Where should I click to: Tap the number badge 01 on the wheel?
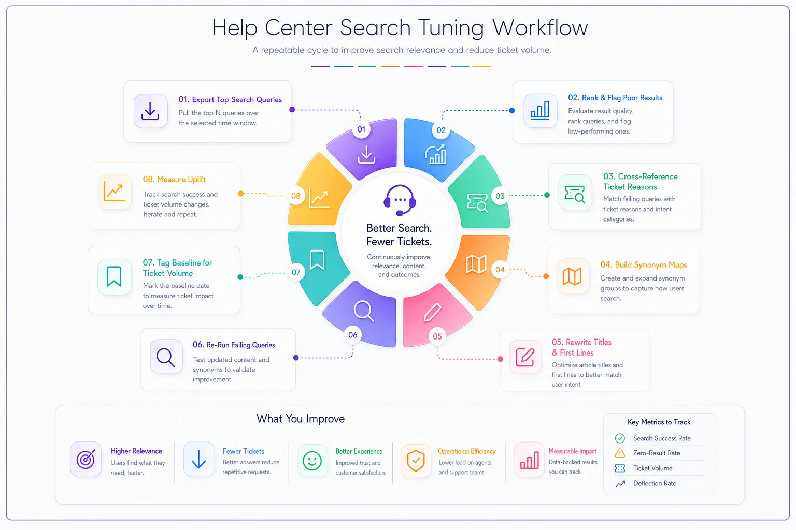pos(361,129)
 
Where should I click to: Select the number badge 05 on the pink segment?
pos(437,336)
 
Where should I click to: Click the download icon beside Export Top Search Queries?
pos(150,111)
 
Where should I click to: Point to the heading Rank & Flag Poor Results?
pos(615,98)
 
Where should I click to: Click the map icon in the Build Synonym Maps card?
pos(572,276)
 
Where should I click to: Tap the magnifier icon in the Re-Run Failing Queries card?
pos(166,357)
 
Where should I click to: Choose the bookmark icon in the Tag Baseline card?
pos(114,276)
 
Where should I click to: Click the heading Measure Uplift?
pos(174,179)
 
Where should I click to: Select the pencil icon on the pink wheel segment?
pos(433,312)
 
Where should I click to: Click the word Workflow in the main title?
pos(540,27)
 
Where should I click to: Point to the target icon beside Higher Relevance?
pos(86,460)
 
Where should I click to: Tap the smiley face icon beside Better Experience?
pos(312,461)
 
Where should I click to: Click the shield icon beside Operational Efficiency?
pos(416,461)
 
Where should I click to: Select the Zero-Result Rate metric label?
pos(657,453)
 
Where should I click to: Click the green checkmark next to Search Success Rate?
pos(620,438)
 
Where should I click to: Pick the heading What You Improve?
pos(300,419)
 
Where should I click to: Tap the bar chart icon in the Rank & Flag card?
pos(540,110)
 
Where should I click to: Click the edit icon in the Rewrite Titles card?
pos(525,357)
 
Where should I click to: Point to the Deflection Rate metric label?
pos(655,483)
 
